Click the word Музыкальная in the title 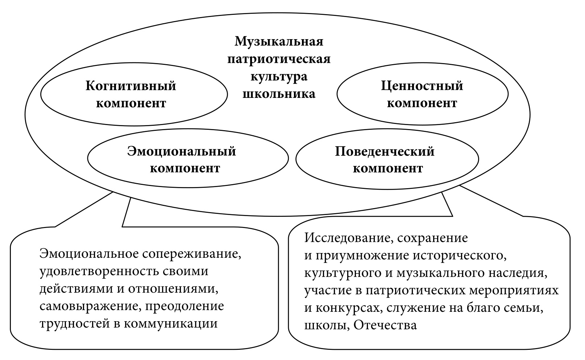coord(279,41)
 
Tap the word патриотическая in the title coord(279,59)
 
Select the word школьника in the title coord(279,94)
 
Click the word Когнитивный coord(131,86)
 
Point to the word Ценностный coord(422,86)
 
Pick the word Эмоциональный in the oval coord(182,151)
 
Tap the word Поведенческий coord(385,151)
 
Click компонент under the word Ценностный coord(422,103)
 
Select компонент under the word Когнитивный coord(131,103)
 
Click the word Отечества coord(385,325)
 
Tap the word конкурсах coord(346,308)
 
